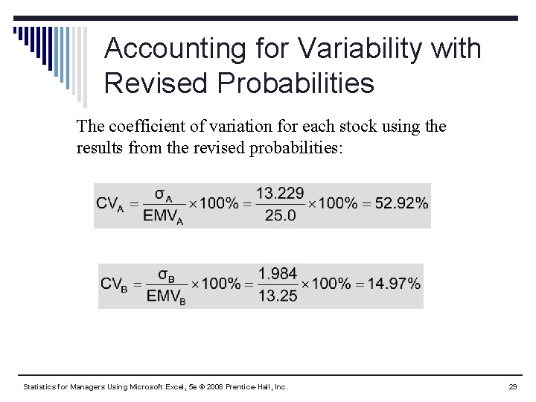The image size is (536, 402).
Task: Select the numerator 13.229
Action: (x=281, y=194)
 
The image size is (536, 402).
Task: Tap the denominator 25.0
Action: (x=280, y=216)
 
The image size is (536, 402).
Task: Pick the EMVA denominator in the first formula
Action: (x=163, y=217)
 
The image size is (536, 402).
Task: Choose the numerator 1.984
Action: (x=278, y=274)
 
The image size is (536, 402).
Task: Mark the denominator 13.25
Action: (x=278, y=296)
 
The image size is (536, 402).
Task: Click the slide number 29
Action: (x=513, y=387)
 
